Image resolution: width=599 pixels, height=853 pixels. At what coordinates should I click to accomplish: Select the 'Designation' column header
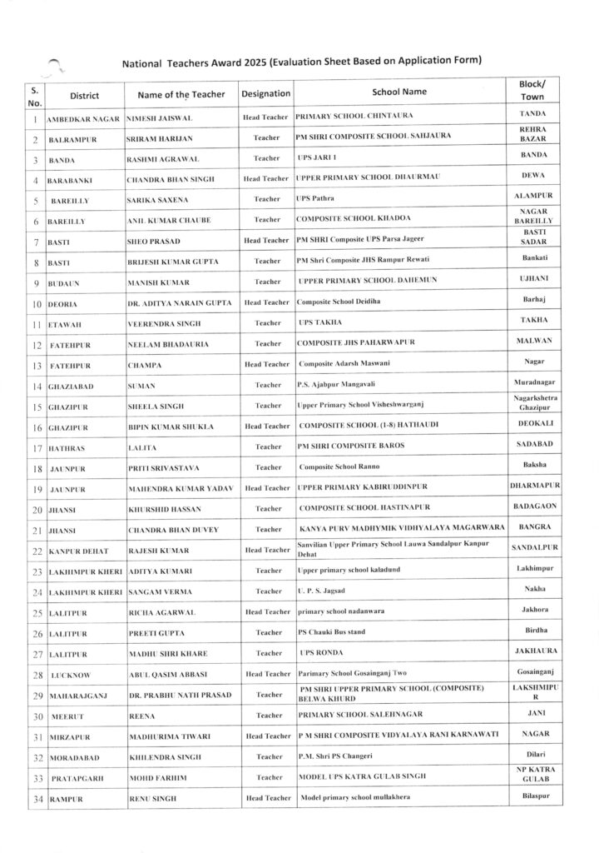pos(265,94)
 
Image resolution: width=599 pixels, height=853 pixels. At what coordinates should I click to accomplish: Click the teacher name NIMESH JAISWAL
pos(159,118)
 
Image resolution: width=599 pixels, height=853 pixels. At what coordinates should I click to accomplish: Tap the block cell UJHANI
pos(533,278)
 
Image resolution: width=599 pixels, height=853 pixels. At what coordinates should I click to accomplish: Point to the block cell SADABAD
pos(532,444)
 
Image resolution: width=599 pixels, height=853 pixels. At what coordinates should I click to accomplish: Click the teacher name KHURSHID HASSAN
pos(166,508)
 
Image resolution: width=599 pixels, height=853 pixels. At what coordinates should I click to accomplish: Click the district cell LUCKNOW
pos(71,675)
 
